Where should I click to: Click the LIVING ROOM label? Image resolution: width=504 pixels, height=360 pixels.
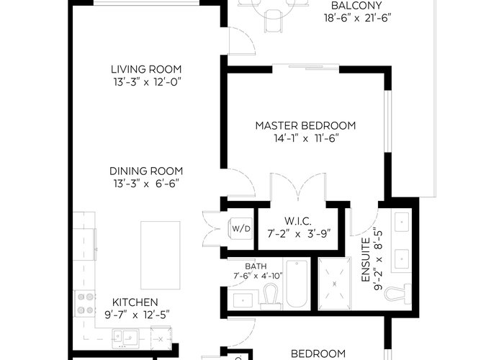(x=146, y=69)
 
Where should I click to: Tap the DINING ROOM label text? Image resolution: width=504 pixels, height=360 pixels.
(x=146, y=171)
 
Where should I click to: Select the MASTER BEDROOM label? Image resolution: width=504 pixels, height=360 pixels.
(x=306, y=125)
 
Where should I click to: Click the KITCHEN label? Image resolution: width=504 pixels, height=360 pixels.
(x=135, y=302)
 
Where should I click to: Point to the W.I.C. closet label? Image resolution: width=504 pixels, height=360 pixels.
(x=298, y=221)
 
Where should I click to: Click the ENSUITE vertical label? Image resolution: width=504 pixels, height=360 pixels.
(x=366, y=260)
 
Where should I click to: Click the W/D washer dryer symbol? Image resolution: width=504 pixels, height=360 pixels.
(x=240, y=229)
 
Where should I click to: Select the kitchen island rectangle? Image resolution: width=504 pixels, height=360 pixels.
(x=161, y=255)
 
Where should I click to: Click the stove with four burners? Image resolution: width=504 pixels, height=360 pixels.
(x=85, y=303)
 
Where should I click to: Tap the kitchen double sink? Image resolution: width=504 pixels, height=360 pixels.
(x=125, y=338)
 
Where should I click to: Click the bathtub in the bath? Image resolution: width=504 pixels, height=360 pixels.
(x=297, y=284)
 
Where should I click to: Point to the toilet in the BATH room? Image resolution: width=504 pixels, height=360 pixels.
(x=271, y=297)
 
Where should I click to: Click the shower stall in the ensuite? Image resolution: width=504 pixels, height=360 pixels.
(x=335, y=284)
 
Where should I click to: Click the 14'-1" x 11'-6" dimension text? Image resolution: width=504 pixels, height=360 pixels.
(x=307, y=138)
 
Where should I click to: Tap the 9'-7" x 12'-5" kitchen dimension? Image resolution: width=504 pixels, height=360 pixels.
(x=138, y=315)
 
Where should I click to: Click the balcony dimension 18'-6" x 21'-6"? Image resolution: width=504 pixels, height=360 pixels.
(x=357, y=18)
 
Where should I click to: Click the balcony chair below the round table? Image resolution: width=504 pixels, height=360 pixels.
(x=273, y=21)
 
